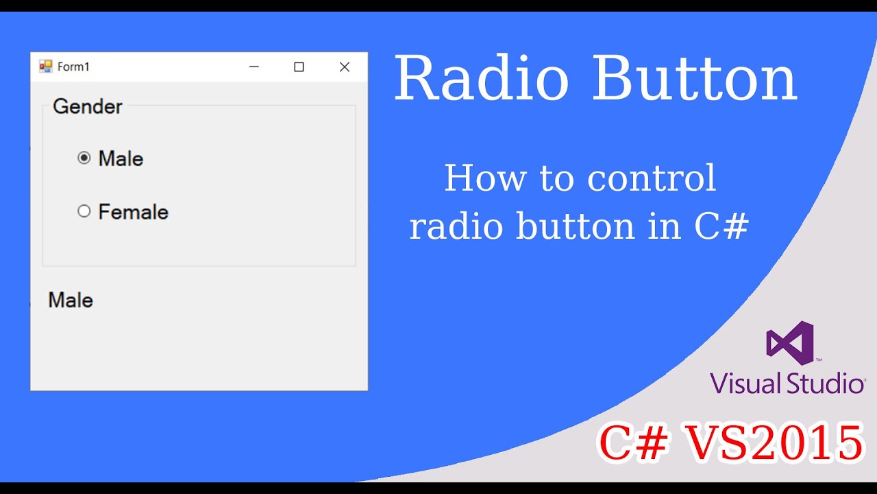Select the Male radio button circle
(84, 158)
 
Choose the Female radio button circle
(84, 211)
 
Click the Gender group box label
(87, 106)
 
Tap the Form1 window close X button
(345, 67)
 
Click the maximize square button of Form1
(299, 67)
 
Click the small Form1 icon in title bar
(46, 67)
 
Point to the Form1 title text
(73, 67)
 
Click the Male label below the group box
(71, 300)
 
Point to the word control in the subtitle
(652, 178)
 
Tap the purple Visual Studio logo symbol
(790, 342)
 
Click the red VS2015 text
(775, 443)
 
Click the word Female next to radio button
(133, 212)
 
